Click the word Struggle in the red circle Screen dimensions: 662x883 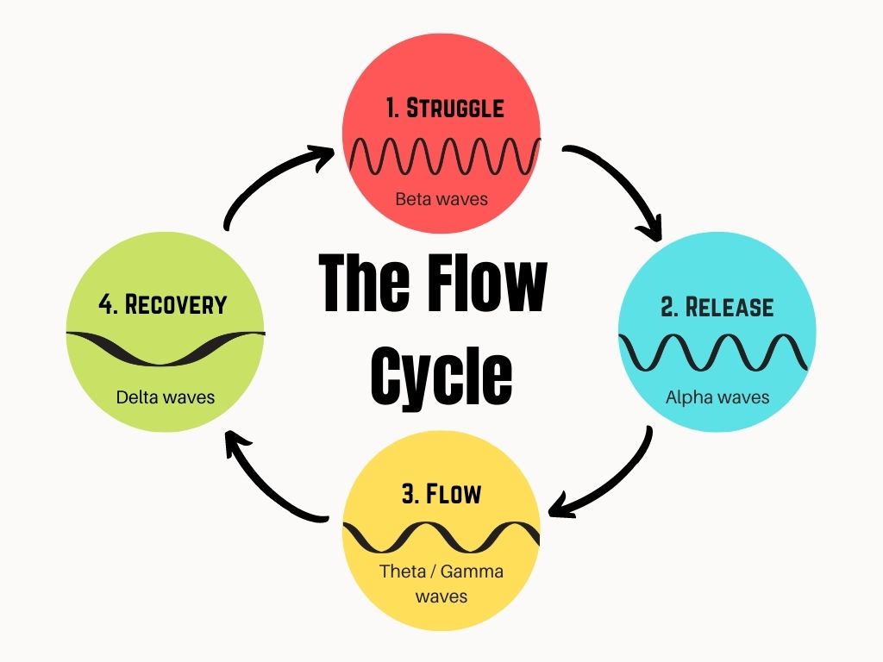[x=454, y=109]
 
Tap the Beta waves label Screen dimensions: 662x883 [x=441, y=199]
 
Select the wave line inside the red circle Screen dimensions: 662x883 [x=442, y=155]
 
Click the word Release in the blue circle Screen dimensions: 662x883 [x=730, y=308]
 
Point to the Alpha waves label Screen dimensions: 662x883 [x=717, y=397]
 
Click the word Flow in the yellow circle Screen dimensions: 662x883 [x=454, y=495]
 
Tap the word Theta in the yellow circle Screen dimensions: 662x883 [x=401, y=571]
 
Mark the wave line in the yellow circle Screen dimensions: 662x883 [x=441, y=537]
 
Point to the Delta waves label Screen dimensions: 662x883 [x=166, y=397]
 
